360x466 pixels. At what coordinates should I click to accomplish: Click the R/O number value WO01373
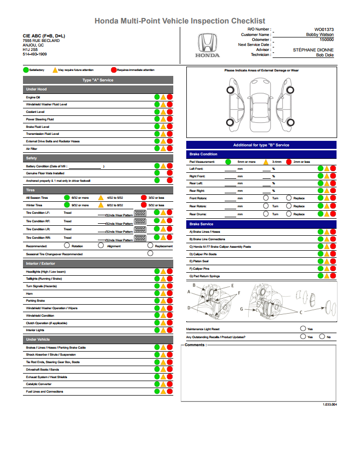(x=324, y=29)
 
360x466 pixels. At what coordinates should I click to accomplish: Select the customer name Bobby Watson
(x=320, y=34)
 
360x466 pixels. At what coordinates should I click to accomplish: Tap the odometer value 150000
(x=327, y=39)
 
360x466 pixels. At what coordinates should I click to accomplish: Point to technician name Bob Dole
(x=325, y=55)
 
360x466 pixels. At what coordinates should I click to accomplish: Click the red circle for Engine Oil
(x=170, y=97)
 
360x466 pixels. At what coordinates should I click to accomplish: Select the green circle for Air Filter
(x=157, y=149)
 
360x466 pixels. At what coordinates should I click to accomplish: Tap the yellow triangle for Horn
(x=163, y=294)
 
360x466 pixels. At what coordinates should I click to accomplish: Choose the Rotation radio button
(x=67, y=245)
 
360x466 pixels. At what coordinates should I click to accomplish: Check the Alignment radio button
(x=101, y=245)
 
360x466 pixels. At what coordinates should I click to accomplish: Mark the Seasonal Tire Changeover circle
(x=150, y=253)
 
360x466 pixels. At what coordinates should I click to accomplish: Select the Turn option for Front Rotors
(x=266, y=198)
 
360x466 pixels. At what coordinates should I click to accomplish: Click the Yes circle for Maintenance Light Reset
(x=303, y=328)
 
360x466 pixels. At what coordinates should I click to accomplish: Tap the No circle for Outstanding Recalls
(x=322, y=337)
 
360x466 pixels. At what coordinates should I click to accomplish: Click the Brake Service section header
(x=201, y=224)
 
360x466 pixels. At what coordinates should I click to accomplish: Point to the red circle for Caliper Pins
(x=333, y=269)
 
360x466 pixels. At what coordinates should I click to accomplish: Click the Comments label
(x=195, y=345)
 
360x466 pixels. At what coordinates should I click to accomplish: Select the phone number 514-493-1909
(x=35, y=54)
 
